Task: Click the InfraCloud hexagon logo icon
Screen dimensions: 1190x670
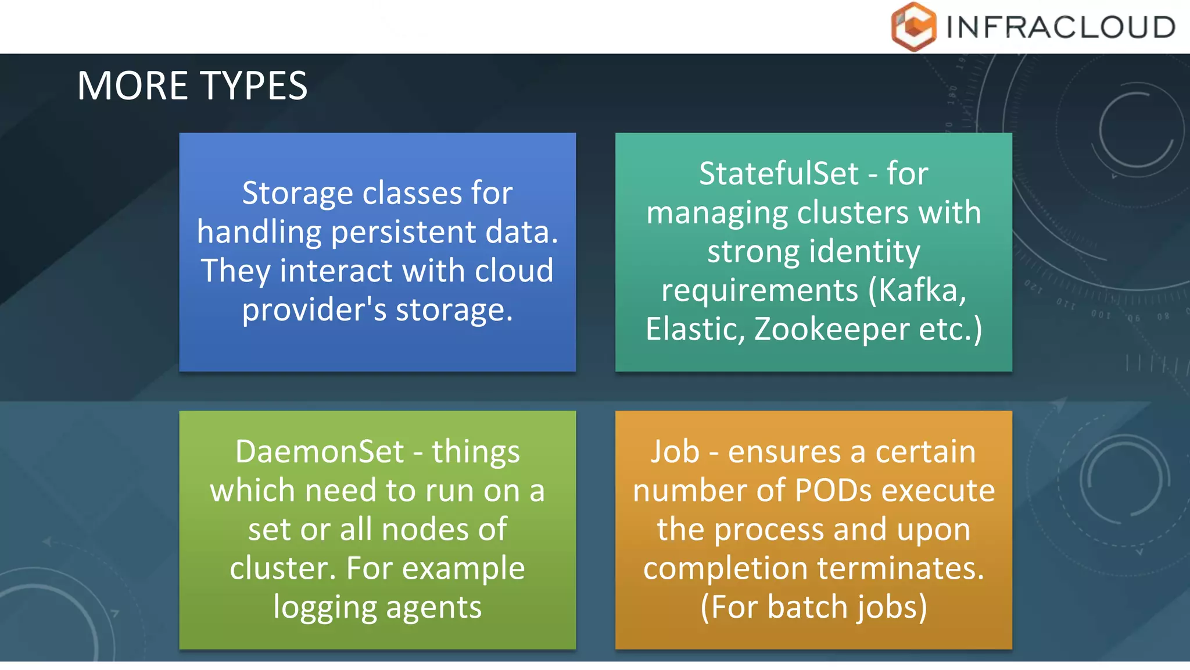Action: [x=913, y=27]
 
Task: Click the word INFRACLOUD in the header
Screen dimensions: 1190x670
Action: [x=1060, y=27]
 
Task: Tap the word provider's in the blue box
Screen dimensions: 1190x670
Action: [x=314, y=309]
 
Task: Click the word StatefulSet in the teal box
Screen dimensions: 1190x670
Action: [x=779, y=173]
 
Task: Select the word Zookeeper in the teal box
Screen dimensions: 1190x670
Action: [x=831, y=329]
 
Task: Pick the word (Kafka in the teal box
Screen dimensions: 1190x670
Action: [x=917, y=290]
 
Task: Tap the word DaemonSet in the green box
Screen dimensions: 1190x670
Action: [x=320, y=452]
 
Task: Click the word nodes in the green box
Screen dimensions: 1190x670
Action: [x=424, y=530]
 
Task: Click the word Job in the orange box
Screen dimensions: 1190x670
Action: [x=675, y=452]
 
